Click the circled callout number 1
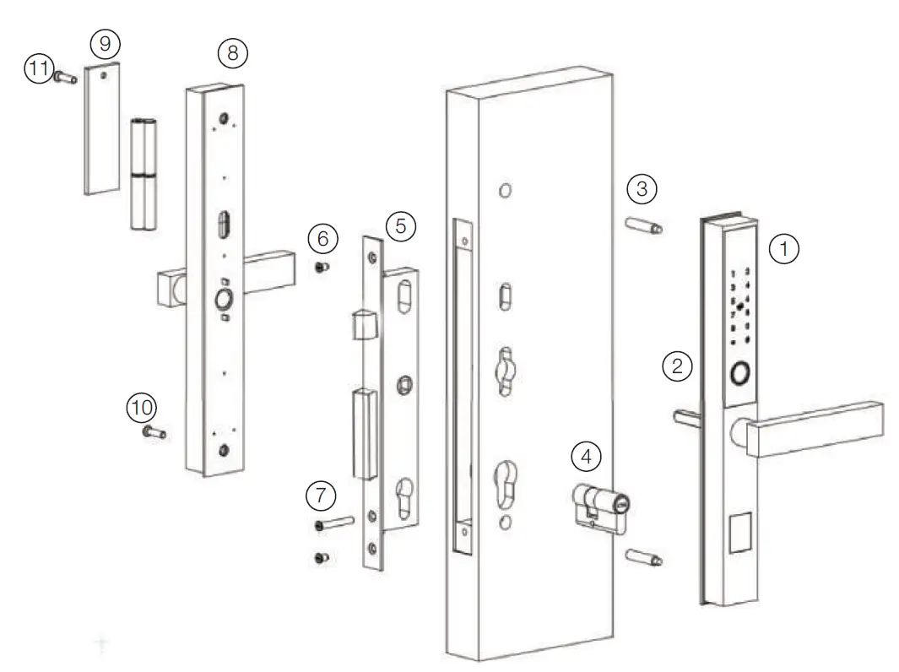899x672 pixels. (x=785, y=249)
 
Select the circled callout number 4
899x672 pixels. (x=587, y=457)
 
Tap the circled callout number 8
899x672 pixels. (x=232, y=52)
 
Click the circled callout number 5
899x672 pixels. (x=401, y=225)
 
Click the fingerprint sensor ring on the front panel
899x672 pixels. (x=742, y=373)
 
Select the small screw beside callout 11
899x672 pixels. (x=66, y=77)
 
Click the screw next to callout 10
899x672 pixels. (x=153, y=433)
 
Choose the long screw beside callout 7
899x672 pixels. (x=335, y=524)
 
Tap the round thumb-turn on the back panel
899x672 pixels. (x=224, y=300)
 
